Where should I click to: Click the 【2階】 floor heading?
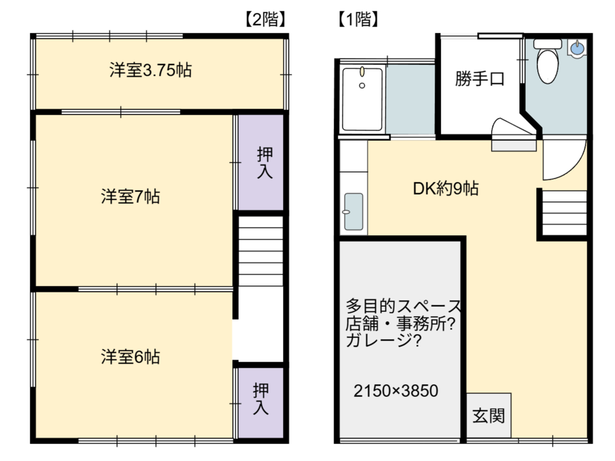point(265,19)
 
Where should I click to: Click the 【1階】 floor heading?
point(358,19)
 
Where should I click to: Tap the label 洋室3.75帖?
point(151,70)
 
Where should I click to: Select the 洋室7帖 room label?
point(130,197)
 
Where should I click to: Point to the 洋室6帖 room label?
point(130,357)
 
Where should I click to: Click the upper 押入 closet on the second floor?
point(260,162)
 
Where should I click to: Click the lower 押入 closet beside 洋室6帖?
point(260,403)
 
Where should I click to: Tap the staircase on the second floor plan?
point(260,251)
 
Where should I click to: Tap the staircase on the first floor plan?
point(564,213)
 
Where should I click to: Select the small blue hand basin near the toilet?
point(577,49)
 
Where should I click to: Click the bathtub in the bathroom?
point(362,99)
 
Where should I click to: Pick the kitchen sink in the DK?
point(354,212)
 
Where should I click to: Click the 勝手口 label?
point(480,79)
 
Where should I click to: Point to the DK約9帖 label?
point(446,188)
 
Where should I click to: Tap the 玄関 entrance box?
point(488,415)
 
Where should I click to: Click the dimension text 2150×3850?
point(396,391)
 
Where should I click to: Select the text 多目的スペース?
point(403,306)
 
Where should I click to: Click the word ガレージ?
point(383,341)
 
